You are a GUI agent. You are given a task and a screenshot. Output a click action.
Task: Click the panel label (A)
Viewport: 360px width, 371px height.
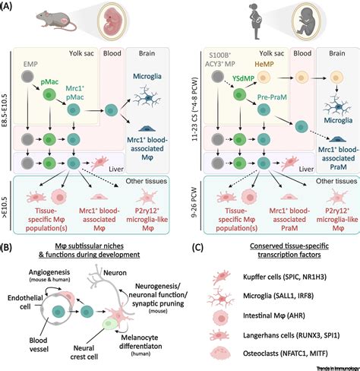point(10,7)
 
